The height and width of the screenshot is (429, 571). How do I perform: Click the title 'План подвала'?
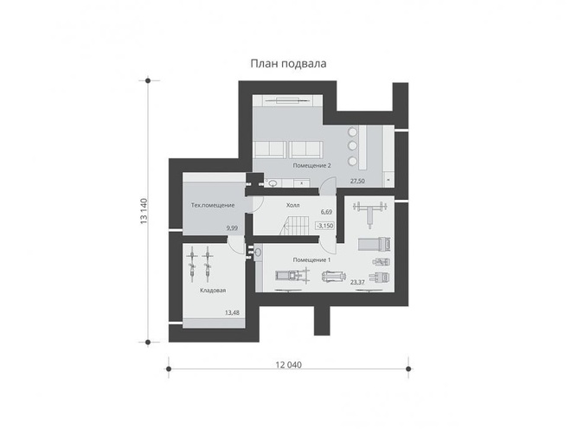[288, 64]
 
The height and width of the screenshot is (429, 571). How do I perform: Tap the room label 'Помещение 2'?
[311, 166]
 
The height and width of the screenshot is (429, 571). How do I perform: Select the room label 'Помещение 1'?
[311, 260]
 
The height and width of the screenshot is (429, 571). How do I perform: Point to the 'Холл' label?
[292, 205]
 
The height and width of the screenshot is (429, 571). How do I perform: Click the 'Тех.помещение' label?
[213, 205]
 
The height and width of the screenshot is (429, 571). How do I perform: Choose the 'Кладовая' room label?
[213, 291]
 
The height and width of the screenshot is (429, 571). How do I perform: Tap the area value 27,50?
[357, 181]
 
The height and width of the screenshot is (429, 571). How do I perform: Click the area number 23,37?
[357, 282]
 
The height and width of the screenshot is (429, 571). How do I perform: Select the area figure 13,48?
[233, 312]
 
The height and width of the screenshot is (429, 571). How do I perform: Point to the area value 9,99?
[232, 228]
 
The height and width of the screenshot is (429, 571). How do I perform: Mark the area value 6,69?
[326, 212]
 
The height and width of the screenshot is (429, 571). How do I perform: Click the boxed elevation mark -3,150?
[324, 226]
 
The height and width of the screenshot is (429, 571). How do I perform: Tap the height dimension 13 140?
[144, 211]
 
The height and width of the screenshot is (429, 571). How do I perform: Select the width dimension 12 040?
[288, 364]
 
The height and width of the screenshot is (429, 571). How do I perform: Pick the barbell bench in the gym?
[369, 214]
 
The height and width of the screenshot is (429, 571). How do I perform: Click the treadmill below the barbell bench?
[375, 244]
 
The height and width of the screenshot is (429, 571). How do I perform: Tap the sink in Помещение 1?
[259, 252]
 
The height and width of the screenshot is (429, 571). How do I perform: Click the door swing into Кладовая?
[236, 245]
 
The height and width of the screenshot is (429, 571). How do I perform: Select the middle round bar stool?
[352, 145]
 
